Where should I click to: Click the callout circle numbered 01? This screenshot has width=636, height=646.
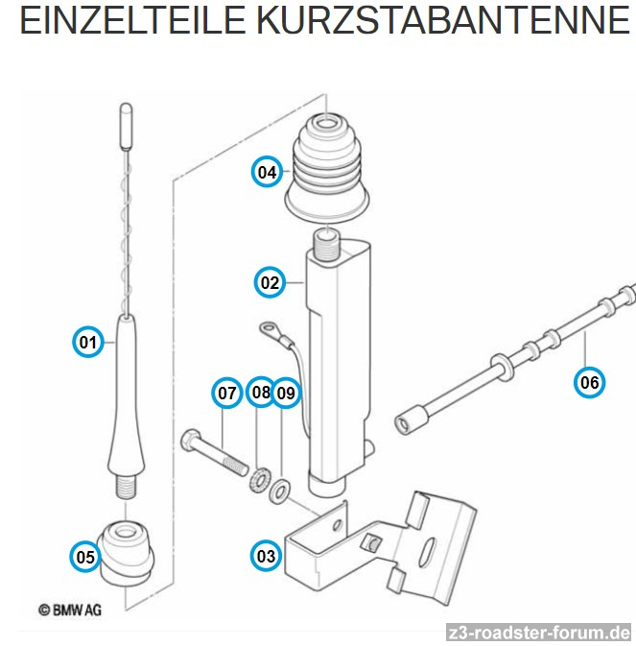tap(87, 342)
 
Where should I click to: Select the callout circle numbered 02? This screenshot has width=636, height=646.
tap(270, 282)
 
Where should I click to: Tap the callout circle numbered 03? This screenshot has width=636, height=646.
tap(266, 556)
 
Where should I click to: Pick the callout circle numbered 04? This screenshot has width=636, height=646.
tap(268, 172)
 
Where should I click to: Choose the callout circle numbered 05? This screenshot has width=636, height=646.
tap(85, 557)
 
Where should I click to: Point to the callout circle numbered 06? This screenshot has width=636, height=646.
tap(589, 382)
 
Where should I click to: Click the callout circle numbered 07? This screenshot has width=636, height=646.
tap(227, 393)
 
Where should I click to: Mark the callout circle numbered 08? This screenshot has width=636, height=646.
tap(261, 392)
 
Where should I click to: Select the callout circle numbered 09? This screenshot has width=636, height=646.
tap(287, 393)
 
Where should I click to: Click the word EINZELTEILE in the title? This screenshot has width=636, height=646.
tap(132, 20)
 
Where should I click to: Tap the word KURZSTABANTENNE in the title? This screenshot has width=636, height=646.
tap(443, 20)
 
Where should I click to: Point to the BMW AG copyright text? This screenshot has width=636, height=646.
tap(70, 610)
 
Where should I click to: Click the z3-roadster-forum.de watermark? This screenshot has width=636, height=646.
tap(539, 633)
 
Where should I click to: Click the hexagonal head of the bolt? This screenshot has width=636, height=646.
tap(191, 440)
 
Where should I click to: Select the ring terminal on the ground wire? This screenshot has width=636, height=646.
tap(269, 329)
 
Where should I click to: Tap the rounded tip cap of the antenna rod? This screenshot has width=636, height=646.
tap(126, 126)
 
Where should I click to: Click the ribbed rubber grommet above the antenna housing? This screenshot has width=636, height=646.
tap(326, 169)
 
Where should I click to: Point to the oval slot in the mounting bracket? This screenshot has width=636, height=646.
tap(426, 553)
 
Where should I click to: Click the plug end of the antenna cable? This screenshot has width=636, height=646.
tap(412, 419)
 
